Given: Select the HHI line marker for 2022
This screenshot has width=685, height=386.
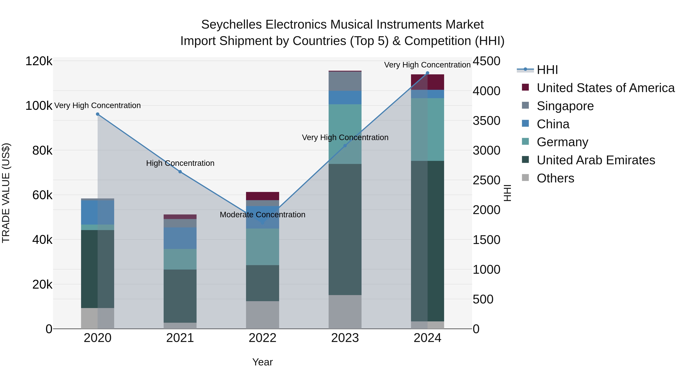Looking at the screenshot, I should tap(262, 223).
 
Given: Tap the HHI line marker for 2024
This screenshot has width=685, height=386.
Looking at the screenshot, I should tap(428, 73).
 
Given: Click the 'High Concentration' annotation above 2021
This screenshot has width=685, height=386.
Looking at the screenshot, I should tap(180, 163).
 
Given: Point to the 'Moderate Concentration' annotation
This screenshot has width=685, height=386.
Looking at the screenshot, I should tap(262, 215).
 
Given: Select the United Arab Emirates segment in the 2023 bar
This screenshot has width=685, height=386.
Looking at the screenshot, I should tap(345, 229).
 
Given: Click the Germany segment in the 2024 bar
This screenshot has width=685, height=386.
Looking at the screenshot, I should tap(428, 129).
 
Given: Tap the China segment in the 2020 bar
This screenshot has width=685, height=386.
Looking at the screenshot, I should tap(98, 212).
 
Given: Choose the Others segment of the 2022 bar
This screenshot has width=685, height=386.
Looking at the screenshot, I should tap(262, 315).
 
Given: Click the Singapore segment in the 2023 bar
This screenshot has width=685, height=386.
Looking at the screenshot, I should tap(345, 81).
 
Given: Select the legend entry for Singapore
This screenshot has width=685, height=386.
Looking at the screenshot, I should tap(565, 106).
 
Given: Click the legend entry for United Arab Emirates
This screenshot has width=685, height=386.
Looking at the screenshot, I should tap(596, 160).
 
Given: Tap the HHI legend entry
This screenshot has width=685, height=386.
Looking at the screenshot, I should tap(547, 70).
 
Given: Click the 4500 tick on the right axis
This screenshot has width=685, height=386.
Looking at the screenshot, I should tap(486, 61).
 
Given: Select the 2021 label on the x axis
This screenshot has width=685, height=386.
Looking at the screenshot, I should tap(180, 338).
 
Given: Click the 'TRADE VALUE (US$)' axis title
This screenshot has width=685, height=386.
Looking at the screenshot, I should tap(6, 193).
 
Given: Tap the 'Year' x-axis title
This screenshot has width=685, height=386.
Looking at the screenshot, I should tap(262, 362).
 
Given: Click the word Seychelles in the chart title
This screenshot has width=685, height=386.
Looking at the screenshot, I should tap(231, 25).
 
